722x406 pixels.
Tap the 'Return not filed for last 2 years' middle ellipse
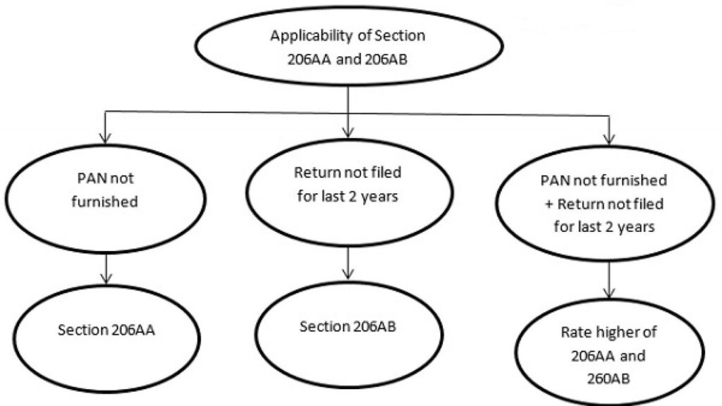click(347, 187)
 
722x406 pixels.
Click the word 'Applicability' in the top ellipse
click(303, 36)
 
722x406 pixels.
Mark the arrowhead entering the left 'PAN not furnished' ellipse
click(104, 135)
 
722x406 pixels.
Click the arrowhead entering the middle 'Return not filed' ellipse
click(348, 133)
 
